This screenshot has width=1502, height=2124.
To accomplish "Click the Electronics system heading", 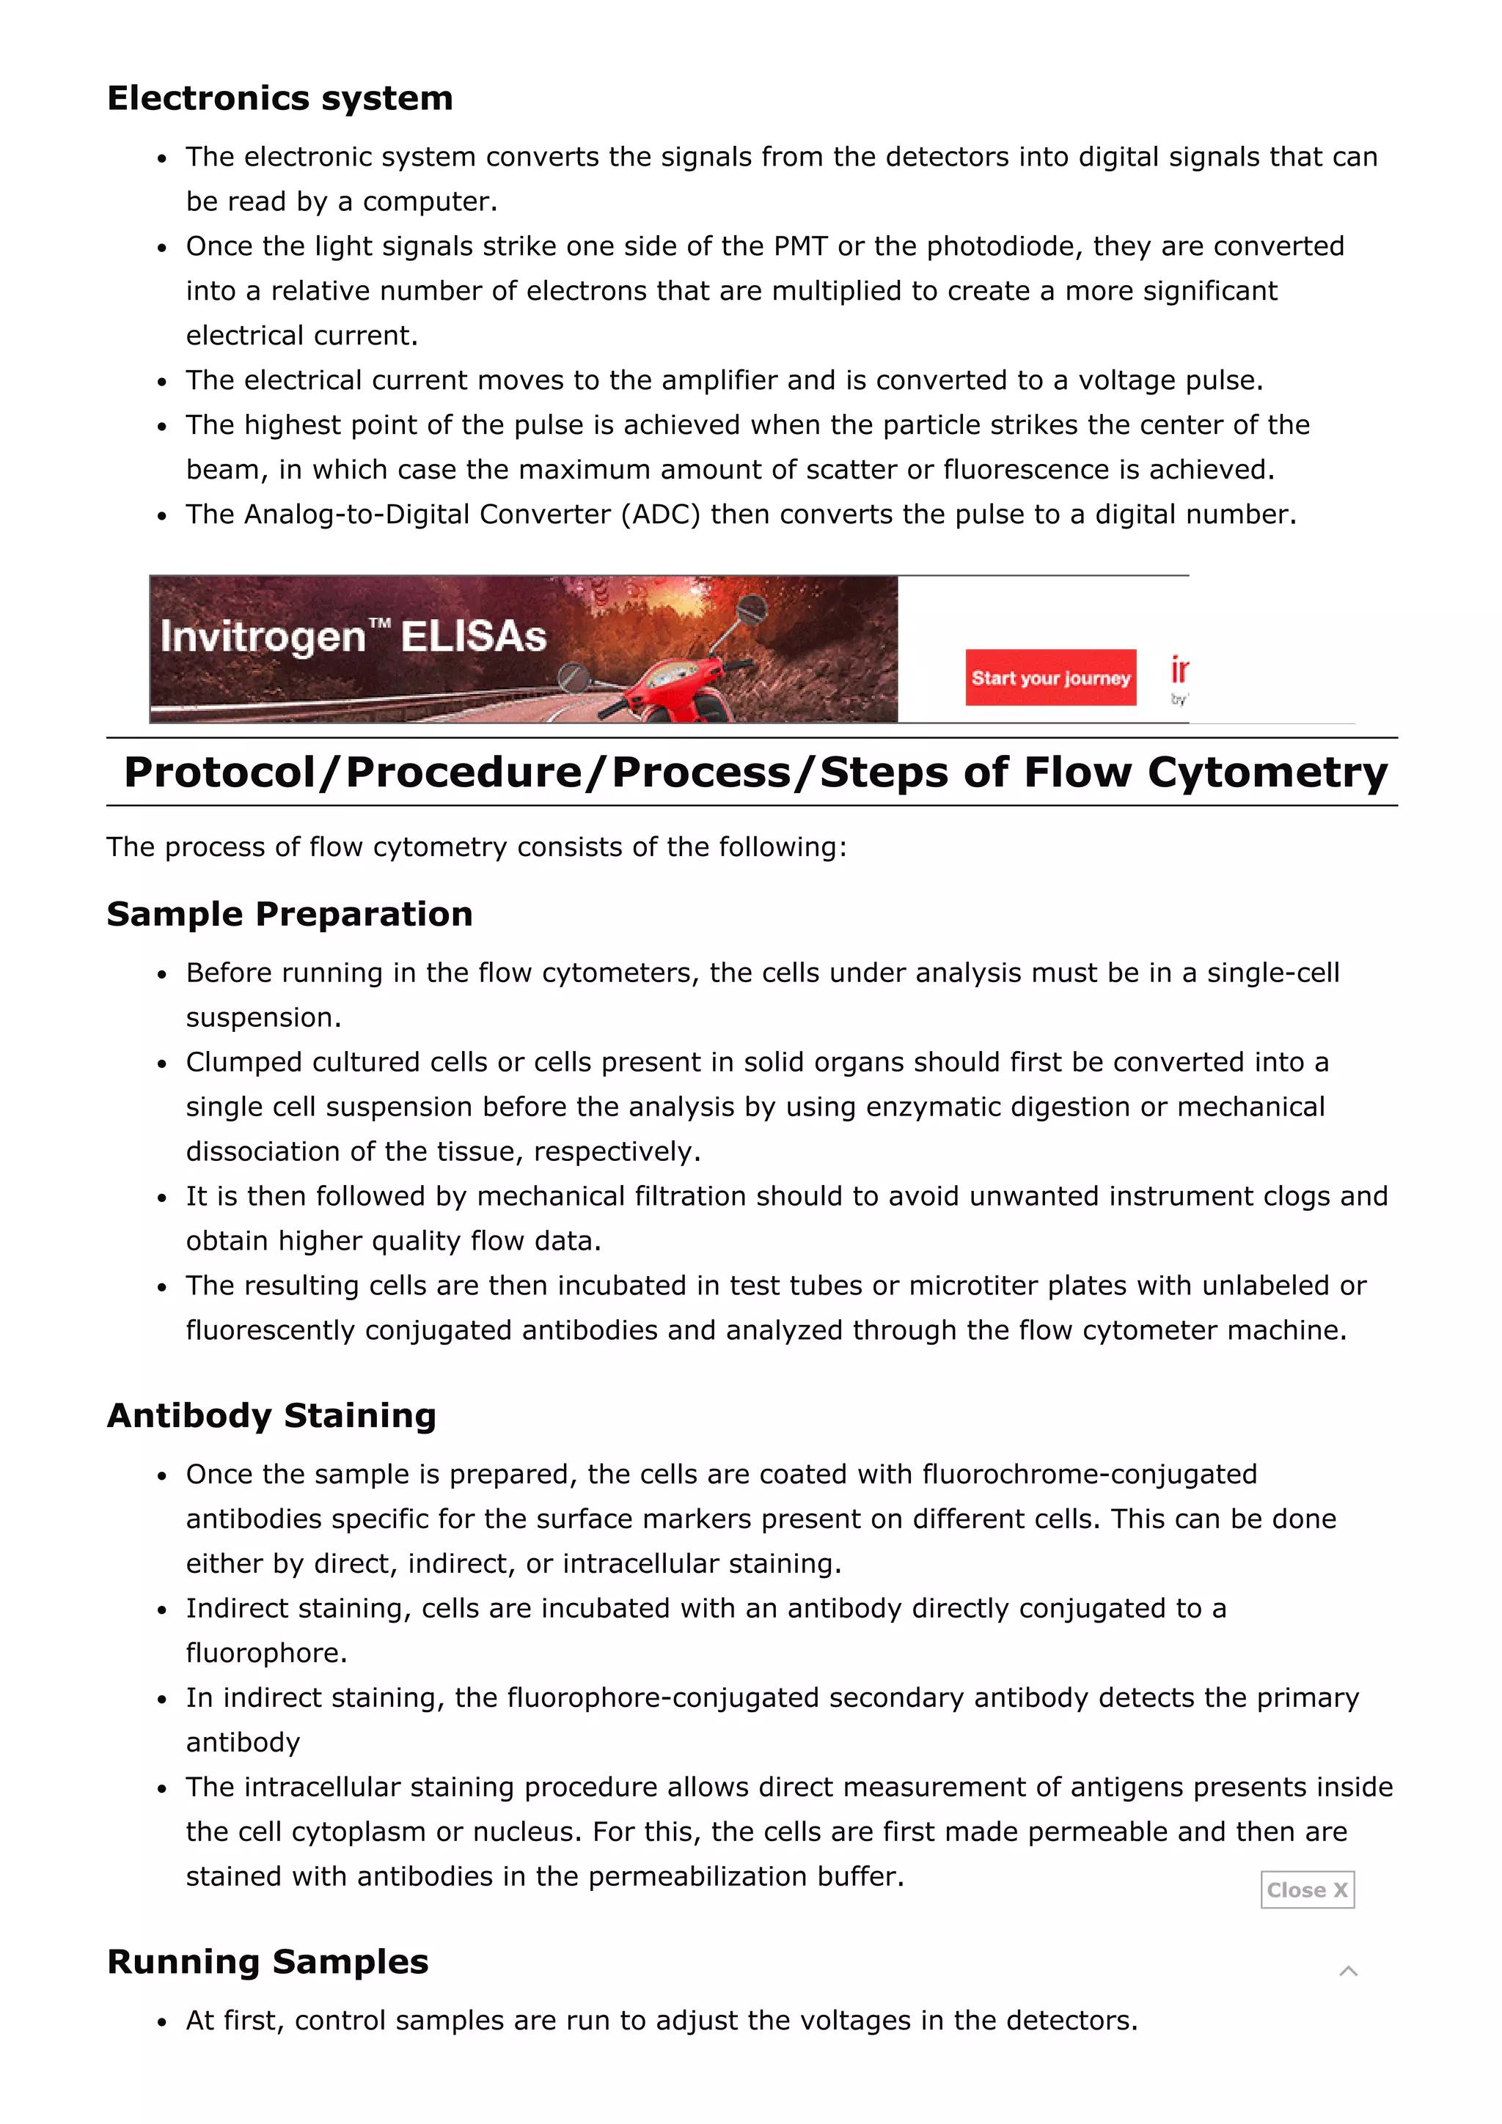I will (279, 98).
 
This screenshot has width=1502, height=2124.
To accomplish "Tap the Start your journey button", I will (1049, 677).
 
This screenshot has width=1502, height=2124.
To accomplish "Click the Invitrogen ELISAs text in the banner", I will (353, 636).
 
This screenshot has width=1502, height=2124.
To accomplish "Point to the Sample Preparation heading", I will (289, 914).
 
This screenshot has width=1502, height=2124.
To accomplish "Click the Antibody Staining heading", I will (271, 1415).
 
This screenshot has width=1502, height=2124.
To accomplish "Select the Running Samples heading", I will (268, 1961).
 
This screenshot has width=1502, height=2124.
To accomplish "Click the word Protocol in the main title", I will (220, 772).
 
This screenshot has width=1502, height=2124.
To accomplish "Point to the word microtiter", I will (973, 1285).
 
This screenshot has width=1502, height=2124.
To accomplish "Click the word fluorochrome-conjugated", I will (1089, 1474).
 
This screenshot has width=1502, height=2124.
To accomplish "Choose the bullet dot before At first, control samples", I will (162, 2022).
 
